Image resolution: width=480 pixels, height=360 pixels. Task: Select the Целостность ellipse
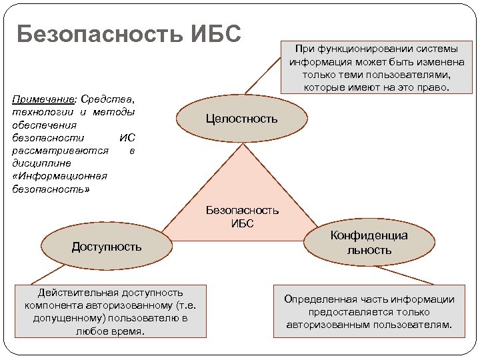tap(241, 119)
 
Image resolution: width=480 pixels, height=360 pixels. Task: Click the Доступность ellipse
tap(107, 247)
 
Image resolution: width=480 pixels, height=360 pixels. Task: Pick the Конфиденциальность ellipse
tap(369, 243)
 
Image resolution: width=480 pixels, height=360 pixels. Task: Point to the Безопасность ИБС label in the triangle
tap(242, 217)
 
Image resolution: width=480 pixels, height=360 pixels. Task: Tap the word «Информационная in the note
tap(59, 176)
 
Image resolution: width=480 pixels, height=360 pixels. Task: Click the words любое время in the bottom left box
tap(110, 331)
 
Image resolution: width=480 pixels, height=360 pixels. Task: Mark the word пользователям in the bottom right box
tap(413, 325)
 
